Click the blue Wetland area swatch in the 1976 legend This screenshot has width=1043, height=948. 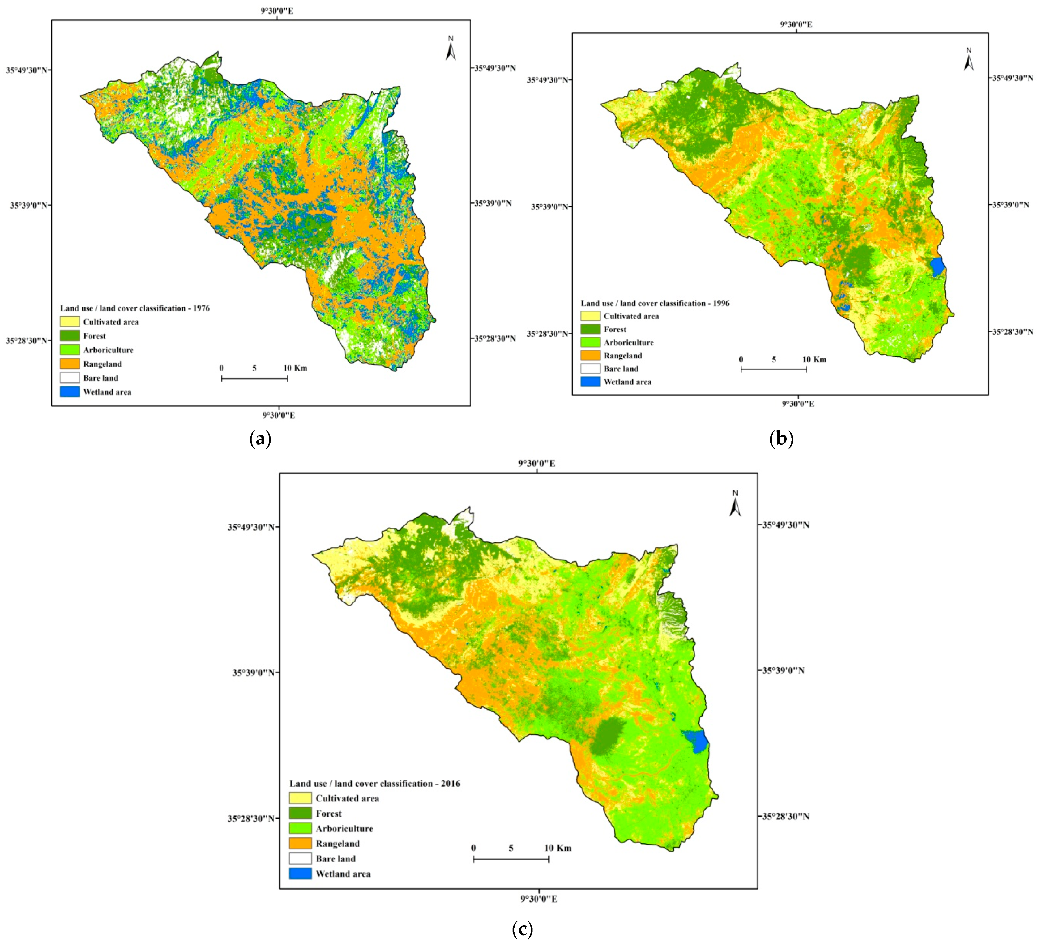point(70,392)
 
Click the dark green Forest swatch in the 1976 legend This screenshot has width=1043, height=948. point(70,336)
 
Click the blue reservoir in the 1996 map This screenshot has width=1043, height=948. point(938,267)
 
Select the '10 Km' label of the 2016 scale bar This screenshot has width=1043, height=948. point(558,848)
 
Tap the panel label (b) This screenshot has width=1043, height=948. point(781,439)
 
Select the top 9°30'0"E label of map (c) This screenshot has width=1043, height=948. point(537,463)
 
